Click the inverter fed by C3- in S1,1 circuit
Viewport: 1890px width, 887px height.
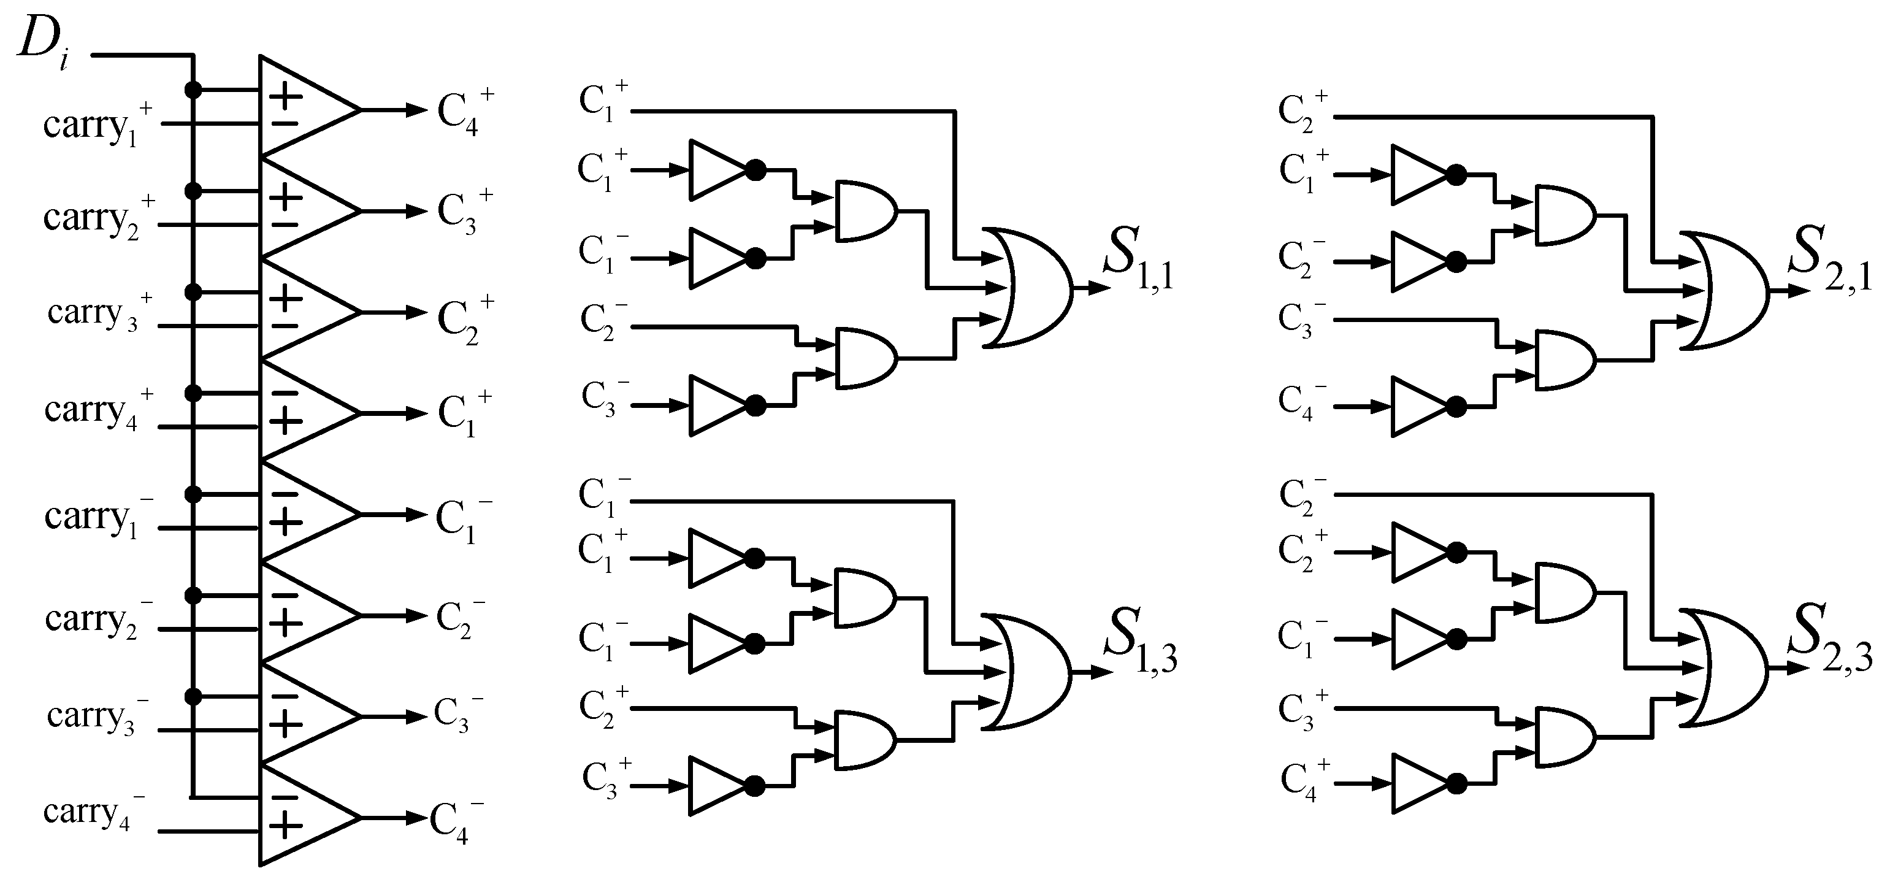[x=716, y=405]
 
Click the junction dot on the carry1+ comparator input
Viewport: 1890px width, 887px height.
[x=193, y=90]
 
